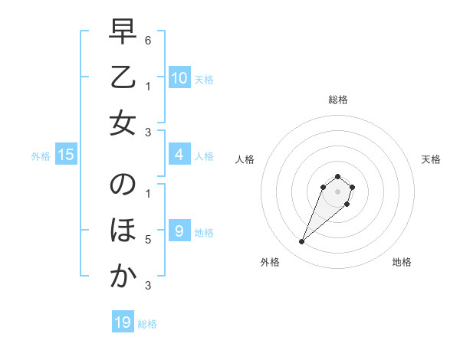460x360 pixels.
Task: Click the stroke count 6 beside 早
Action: (x=148, y=40)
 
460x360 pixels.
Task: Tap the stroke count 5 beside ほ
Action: (x=148, y=240)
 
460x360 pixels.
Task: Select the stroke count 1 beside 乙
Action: (x=148, y=86)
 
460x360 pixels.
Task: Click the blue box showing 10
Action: (x=179, y=78)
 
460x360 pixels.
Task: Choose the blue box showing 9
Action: (x=179, y=231)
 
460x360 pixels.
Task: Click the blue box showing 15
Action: (x=66, y=155)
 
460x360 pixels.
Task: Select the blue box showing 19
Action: (x=123, y=322)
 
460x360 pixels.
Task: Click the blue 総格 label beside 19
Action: (x=148, y=324)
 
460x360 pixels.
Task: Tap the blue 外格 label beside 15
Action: (x=41, y=156)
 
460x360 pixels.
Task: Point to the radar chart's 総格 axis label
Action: (x=337, y=100)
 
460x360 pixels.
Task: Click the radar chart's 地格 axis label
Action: (x=402, y=263)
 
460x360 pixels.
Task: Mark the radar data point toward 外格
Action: (x=302, y=242)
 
